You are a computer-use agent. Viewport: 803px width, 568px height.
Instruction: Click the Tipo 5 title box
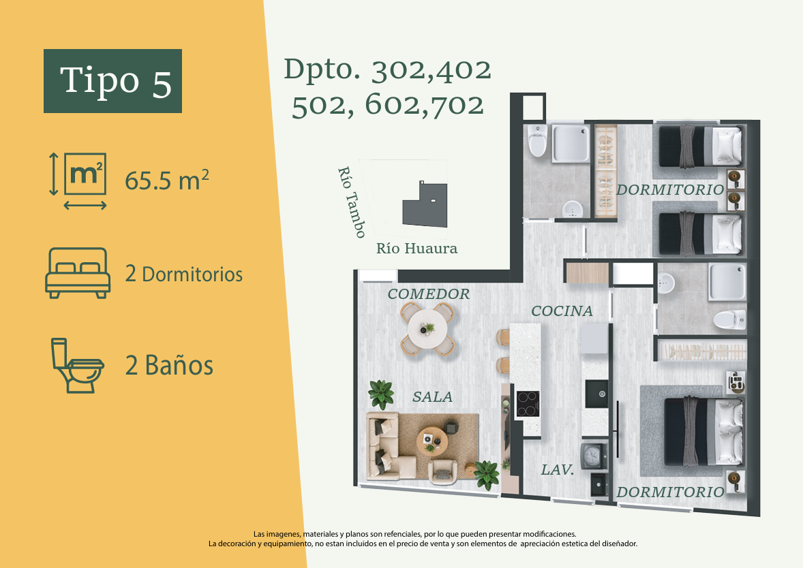coord(112,81)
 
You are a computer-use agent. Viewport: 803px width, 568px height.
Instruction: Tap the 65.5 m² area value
coord(167,180)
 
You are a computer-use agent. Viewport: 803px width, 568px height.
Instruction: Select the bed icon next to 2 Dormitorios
coord(78,272)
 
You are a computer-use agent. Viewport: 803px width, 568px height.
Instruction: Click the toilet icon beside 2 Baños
coord(77,365)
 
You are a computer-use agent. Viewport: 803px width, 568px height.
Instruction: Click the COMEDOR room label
coord(429,294)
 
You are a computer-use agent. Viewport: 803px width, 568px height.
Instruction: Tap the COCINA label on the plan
coord(562,311)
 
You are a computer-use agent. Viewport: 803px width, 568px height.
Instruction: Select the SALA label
coord(433,396)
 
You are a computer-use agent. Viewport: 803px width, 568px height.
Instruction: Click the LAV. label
coord(558,470)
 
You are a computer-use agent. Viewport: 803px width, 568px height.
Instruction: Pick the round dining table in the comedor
coord(427,328)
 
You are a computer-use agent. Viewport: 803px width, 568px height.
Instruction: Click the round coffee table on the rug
coord(433,441)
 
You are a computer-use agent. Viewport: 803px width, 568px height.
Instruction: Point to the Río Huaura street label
coord(417,249)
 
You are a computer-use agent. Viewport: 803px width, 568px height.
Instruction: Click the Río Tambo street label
coord(352,203)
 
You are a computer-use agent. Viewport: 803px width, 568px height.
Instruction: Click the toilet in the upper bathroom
coord(537,140)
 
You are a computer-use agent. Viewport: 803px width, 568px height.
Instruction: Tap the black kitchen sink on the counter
coord(596,394)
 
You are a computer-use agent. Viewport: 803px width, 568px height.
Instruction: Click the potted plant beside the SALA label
coord(381,394)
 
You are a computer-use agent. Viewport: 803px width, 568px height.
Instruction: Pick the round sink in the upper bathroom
coord(571,209)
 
